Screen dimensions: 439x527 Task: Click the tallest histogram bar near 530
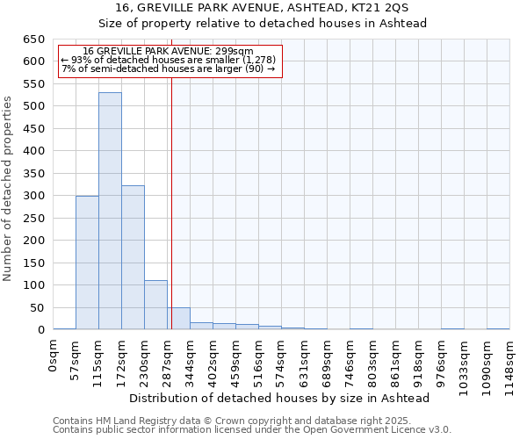coord(110,211)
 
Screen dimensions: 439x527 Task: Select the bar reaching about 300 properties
coord(87,263)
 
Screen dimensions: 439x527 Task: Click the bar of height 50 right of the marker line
coord(179,319)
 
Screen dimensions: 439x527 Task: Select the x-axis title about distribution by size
coord(279,399)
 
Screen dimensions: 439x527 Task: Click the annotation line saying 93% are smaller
coord(169,60)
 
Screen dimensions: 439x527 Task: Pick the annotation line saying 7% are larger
coord(169,68)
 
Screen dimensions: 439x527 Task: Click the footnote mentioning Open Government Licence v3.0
coord(251,430)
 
